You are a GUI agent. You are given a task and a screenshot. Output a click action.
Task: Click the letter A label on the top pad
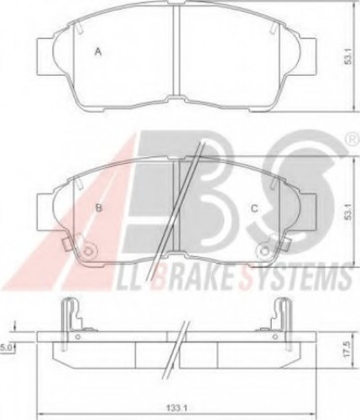click(97, 53)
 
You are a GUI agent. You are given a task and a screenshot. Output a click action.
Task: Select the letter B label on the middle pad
click(99, 207)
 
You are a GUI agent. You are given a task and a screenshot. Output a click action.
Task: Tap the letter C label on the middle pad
click(254, 209)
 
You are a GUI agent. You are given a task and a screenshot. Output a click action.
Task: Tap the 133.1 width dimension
click(175, 409)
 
